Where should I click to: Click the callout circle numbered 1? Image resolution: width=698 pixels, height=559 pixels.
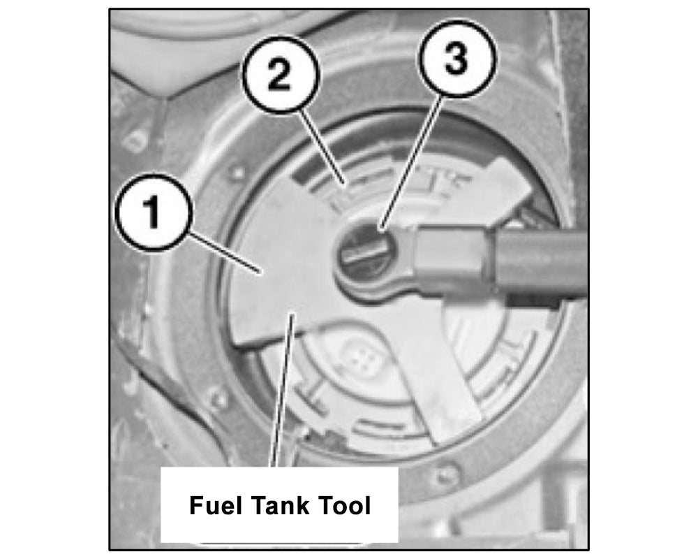154,212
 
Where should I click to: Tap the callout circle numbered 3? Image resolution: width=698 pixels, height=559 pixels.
456,59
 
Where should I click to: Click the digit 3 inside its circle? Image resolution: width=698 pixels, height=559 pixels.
456,59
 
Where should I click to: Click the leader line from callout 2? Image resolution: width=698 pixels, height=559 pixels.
321,147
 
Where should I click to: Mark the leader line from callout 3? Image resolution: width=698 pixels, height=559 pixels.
413,163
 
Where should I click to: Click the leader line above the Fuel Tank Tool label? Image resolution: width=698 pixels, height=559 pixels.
283,391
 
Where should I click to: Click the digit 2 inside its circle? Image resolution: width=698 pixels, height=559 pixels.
281,75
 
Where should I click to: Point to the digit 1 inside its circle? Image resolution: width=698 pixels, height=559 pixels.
152,213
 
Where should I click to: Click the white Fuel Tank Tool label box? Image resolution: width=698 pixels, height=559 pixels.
280,505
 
